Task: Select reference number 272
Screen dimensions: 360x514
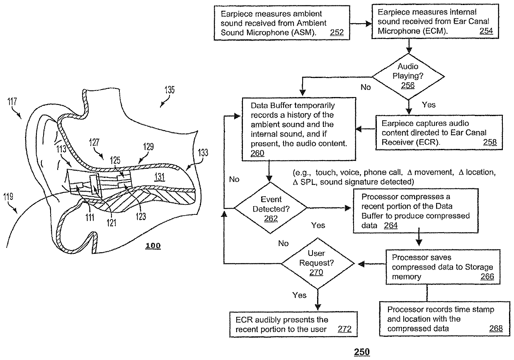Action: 344,330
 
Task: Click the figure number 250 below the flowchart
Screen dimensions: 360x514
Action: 361,352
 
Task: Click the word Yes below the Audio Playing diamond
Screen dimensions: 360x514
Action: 428,105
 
